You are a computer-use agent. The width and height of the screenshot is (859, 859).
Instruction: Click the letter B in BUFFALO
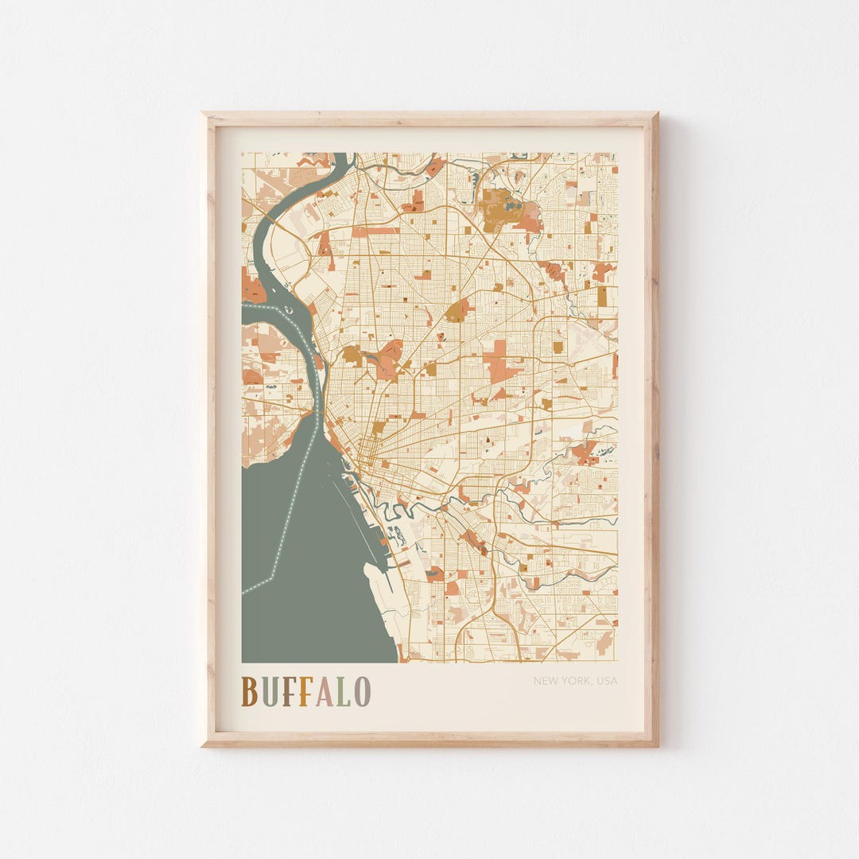coord(249,691)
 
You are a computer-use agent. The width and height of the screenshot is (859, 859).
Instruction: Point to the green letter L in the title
coord(343,691)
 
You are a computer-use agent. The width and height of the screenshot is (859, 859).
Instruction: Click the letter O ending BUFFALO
coord(362,691)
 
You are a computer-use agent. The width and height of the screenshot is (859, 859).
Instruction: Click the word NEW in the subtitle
coord(545,681)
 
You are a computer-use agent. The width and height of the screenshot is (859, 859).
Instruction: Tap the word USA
coord(606,681)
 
